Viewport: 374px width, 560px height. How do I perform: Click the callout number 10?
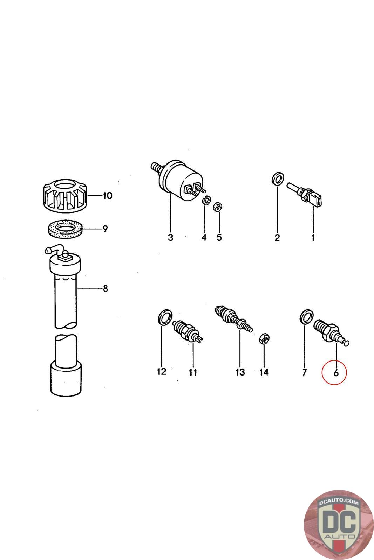pyautogui.click(x=107, y=196)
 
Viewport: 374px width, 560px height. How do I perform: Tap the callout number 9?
pyautogui.click(x=105, y=229)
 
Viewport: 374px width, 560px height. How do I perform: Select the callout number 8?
pyautogui.click(x=106, y=288)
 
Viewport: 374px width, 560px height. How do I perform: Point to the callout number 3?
pyautogui.click(x=170, y=237)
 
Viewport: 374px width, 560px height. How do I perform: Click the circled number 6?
pyautogui.click(x=336, y=373)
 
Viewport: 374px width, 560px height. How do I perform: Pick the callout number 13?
pyautogui.click(x=240, y=372)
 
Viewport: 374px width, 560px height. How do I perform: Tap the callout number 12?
pyautogui.click(x=162, y=371)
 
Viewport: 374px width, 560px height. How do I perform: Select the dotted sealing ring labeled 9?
pyautogui.click(x=65, y=229)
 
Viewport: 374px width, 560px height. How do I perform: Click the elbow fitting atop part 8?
pyautogui.click(x=55, y=249)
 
